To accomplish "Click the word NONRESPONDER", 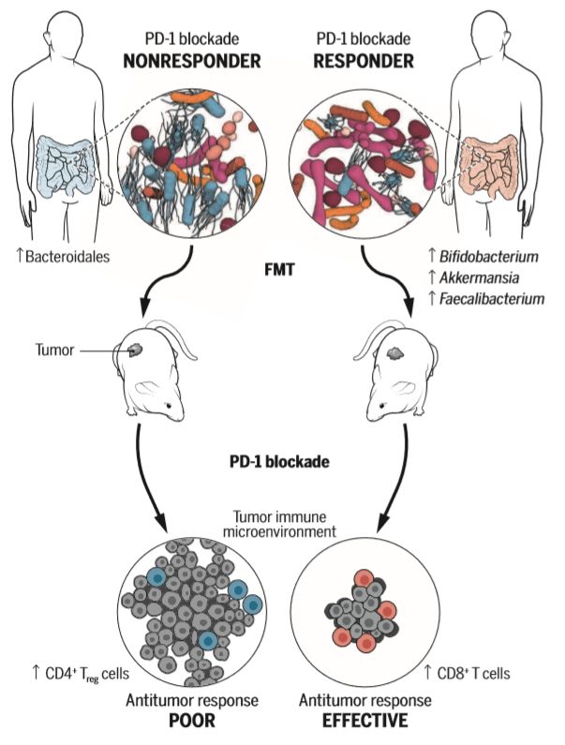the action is coord(192,61).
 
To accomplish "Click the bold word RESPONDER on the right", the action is coord(364,61).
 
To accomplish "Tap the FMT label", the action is coord(279,270).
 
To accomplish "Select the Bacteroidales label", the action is coord(63,257).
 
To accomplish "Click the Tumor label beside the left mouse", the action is coord(54,350).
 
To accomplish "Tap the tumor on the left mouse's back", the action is coord(136,350).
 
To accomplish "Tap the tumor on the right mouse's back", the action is coord(395,352).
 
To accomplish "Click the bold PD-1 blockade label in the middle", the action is coord(279,461).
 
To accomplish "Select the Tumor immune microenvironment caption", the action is coord(279,523).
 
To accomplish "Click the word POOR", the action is coord(192,721).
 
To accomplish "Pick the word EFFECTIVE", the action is coord(364,721).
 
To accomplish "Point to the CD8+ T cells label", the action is coord(467,673).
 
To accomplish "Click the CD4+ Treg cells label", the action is coord(80,673).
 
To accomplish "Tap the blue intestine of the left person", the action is coord(65,166).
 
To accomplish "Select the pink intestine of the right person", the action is coord(490,166).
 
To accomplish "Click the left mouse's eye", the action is coord(168,406).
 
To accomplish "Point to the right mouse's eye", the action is coord(382,406).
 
